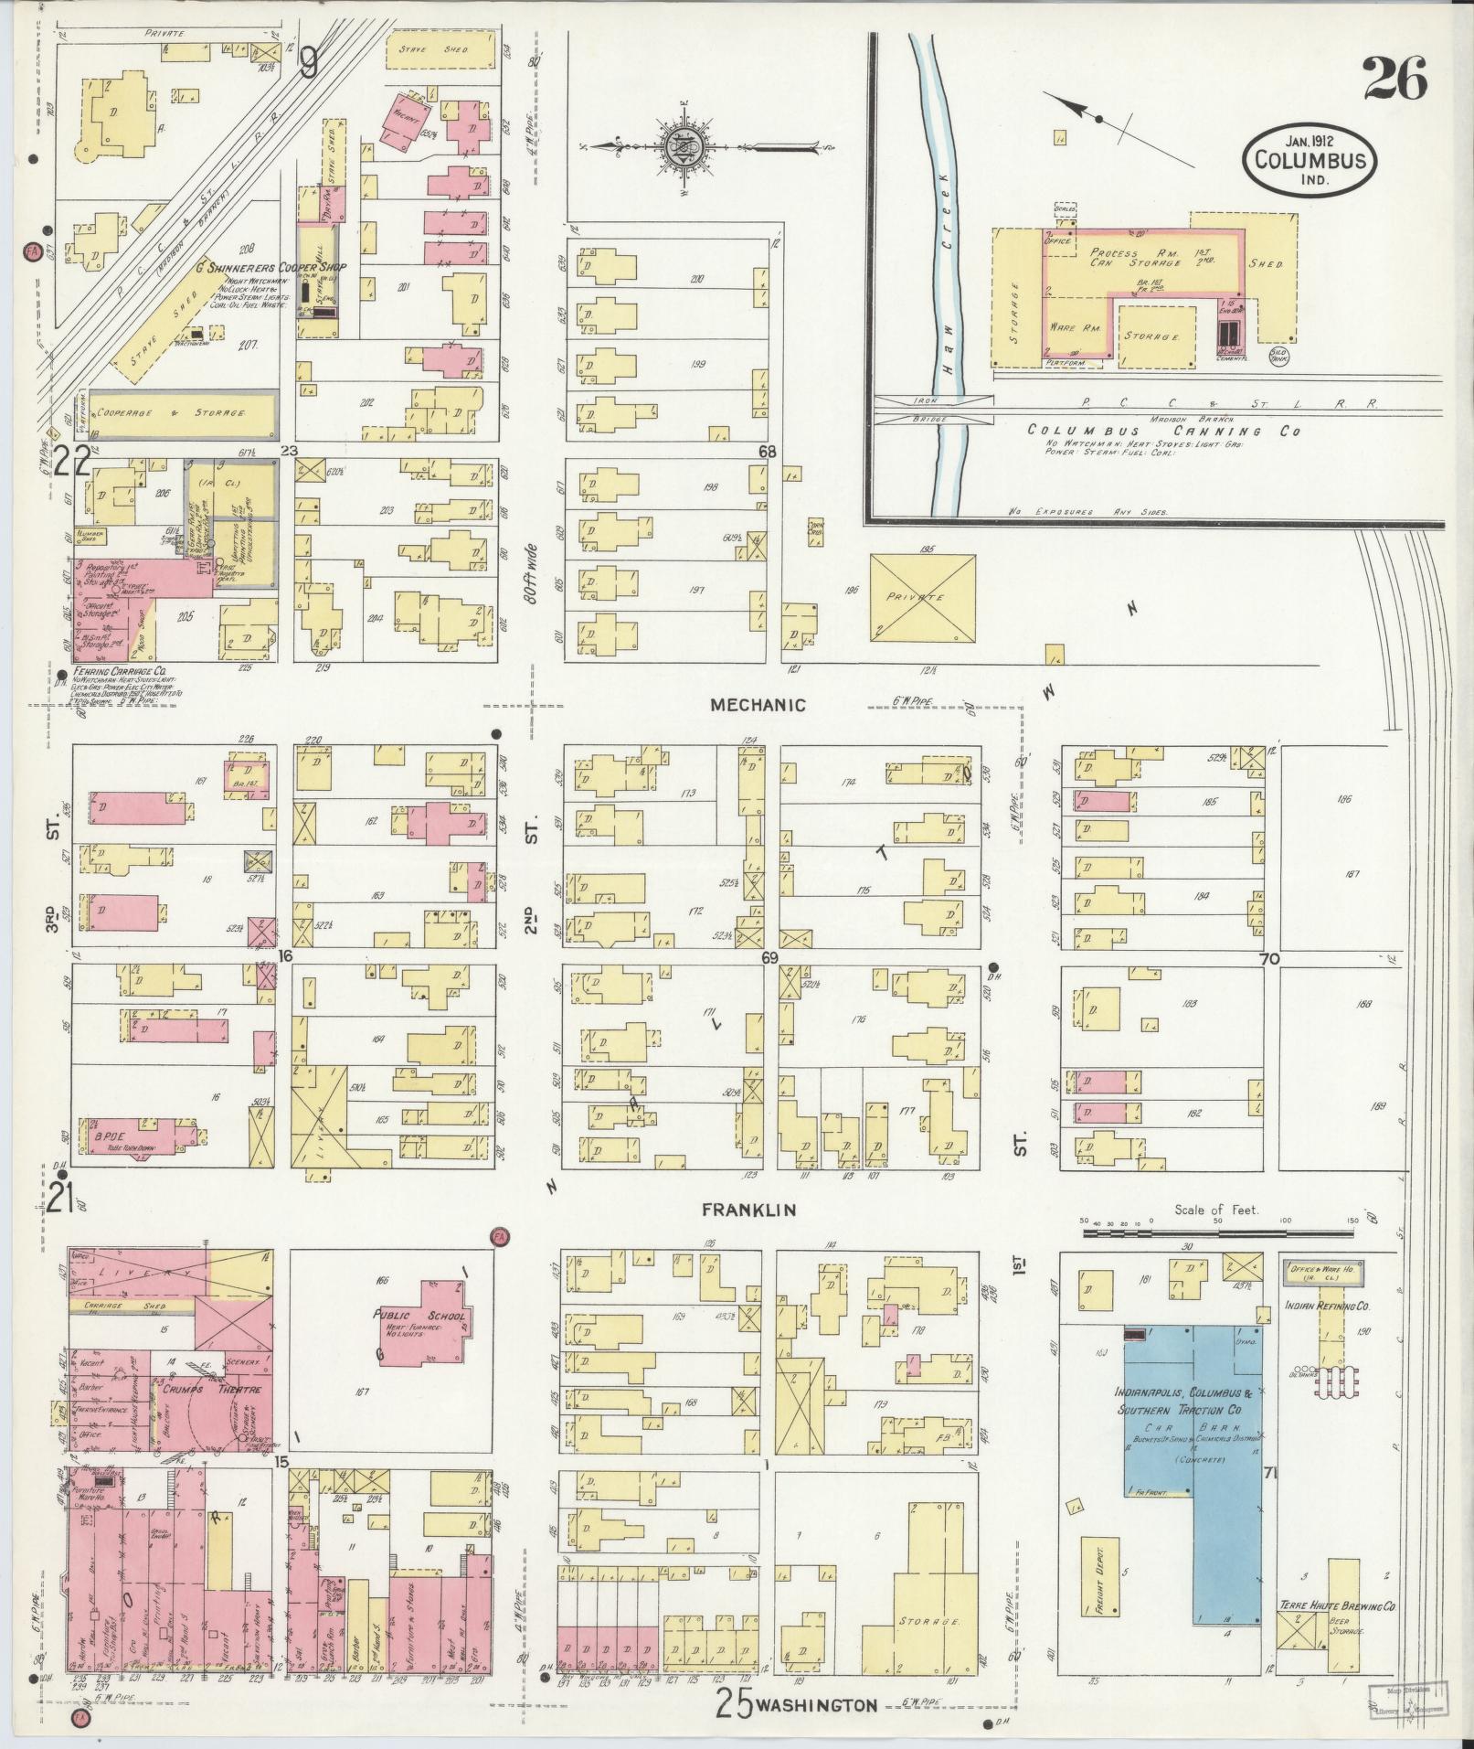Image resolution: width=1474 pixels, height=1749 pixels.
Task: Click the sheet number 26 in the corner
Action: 1394,80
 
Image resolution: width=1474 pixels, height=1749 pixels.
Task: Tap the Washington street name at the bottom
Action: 818,1705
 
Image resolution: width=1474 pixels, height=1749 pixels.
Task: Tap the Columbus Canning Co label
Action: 1162,431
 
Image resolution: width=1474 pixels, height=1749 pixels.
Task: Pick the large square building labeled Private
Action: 922,597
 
